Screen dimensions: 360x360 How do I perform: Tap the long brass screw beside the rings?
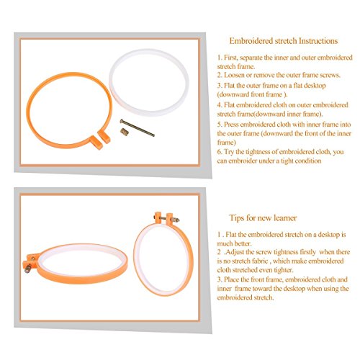pos(138,127)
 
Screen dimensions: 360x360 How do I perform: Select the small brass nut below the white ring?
pos(125,132)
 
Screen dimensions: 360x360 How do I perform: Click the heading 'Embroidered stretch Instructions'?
pos(284,41)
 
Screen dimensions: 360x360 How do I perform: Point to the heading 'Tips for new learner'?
pos(263,217)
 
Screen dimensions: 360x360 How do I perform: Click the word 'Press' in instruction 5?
pos(231,125)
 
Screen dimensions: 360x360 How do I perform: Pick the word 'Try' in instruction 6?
pos(229,152)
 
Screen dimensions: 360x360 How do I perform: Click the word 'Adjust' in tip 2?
pos(235,252)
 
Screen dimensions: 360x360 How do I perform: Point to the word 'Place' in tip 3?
pos(231,279)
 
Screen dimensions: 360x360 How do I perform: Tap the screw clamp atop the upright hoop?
pos(166,218)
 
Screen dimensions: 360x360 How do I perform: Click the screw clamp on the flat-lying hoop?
pos(31,262)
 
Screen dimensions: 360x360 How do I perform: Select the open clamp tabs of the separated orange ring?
pos(100,139)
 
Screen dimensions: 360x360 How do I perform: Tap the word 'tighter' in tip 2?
pos(284,270)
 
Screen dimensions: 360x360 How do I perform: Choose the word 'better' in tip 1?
pos(243,243)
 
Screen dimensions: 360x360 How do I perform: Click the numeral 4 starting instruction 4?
pos(219,105)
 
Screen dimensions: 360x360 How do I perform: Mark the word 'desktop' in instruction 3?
pos(315,86)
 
